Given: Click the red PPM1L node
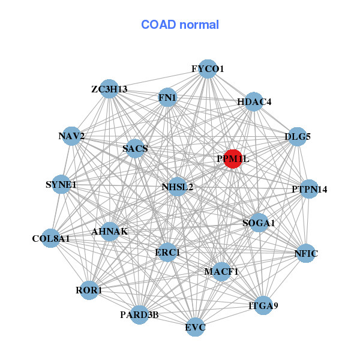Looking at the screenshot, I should click(x=233, y=159).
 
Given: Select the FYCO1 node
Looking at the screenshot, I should click(x=207, y=68).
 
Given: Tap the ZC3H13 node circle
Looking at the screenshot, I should click(x=109, y=89).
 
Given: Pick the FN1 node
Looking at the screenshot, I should click(x=167, y=97).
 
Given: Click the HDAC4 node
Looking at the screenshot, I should click(x=254, y=101).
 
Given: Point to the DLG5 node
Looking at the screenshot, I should click(x=298, y=137).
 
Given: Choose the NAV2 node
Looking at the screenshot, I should click(x=72, y=136).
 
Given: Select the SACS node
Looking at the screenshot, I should click(x=136, y=148).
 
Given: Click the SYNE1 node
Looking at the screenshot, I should click(x=61, y=184).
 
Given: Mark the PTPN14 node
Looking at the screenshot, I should click(x=309, y=190).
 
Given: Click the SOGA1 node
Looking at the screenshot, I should click(x=259, y=223).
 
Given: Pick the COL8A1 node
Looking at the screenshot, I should click(x=52, y=238).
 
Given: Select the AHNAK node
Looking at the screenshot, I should click(x=110, y=231).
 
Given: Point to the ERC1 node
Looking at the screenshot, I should click(x=167, y=253).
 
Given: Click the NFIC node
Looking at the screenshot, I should click(x=305, y=254).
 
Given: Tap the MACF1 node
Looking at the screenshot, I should click(x=221, y=272).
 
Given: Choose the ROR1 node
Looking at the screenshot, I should click(x=89, y=290).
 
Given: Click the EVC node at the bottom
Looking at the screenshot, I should click(x=195, y=327).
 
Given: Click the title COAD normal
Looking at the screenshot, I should click(x=180, y=25).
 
